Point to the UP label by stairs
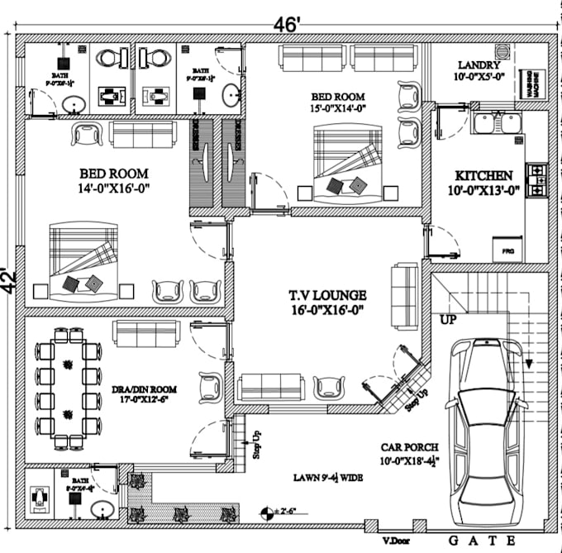tap(449, 318)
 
